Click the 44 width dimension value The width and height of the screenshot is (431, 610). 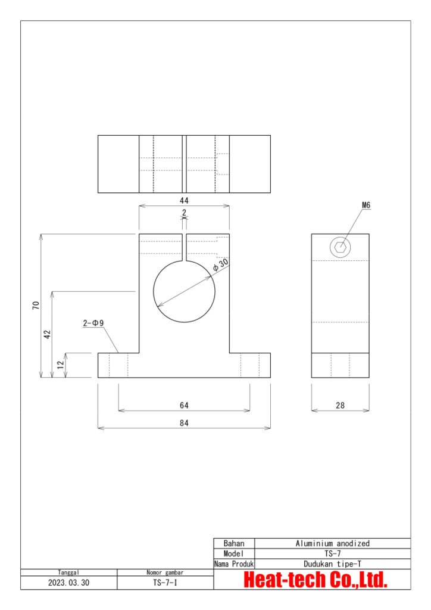click(184, 201)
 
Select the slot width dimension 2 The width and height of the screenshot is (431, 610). click(184, 213)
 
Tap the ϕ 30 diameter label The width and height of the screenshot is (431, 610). click(220, 266)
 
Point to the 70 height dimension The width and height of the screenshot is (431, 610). click(36, 306)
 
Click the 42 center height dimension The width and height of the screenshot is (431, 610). click(48, 334)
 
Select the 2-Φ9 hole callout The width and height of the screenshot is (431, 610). click(93, 323)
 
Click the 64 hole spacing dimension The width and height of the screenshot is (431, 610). click(184, 405)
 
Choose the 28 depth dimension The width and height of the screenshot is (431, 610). click(340, 405)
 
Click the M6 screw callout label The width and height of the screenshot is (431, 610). click(366, 205)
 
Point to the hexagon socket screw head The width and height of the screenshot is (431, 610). click(341, 247)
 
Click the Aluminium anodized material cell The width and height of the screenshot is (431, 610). click(332, 543)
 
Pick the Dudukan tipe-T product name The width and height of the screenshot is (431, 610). click(332, 564)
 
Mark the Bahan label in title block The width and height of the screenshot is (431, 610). click(234, 543)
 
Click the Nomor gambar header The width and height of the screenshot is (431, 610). click(165, 572)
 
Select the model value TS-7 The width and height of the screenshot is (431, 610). click(332, 553)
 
